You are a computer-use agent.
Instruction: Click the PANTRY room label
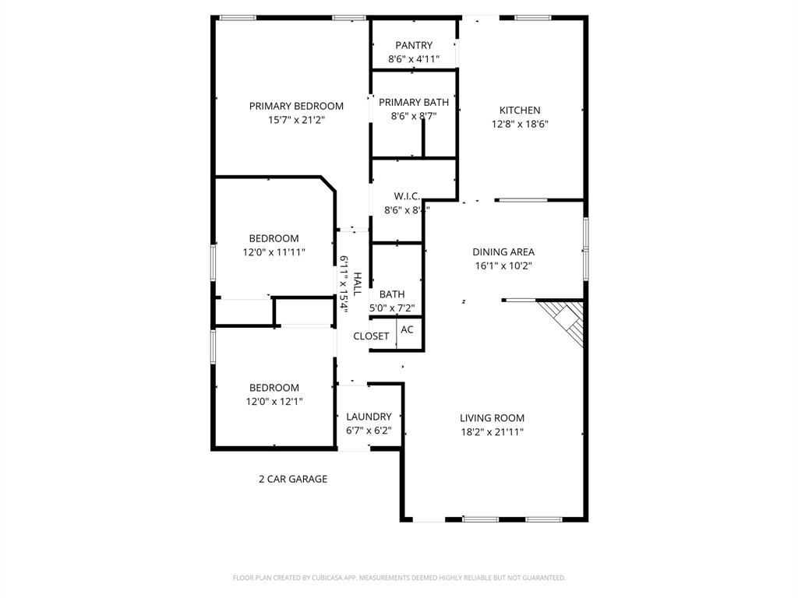click(413, 45)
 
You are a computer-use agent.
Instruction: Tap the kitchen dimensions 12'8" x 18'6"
click(520, 124)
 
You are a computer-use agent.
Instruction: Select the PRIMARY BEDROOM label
click(296, 106)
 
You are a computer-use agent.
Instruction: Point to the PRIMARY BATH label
click(414, 102)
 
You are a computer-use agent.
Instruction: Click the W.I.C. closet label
click(408, 196)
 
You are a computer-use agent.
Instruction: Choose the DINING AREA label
click(503, 252)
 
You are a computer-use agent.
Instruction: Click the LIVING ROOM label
click(492, 418)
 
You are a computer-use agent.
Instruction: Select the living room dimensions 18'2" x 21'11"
click(492, 432)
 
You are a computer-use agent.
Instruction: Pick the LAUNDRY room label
click(369, 417)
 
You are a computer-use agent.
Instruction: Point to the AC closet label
click(407, 329)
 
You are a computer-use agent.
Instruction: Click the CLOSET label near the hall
click(371, 336)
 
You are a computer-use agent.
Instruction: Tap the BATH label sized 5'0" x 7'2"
click(392, 294)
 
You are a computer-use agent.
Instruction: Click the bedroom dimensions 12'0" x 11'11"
click(274, 252)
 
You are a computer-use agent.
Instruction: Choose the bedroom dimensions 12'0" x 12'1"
click(274, 402)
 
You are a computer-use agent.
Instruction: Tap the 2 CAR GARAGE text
click(293, 480)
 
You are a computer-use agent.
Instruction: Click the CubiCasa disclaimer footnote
click(399, 578)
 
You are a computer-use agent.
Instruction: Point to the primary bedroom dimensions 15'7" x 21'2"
click(296, 120)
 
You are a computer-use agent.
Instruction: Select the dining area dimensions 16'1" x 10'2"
click(503, 266)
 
